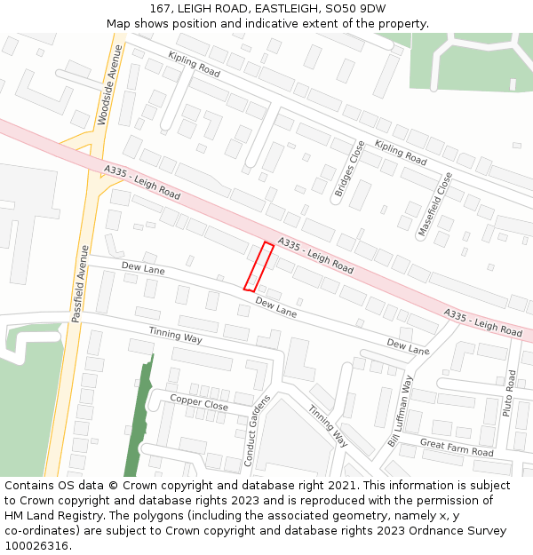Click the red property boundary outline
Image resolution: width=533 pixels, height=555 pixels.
tap(259, 266)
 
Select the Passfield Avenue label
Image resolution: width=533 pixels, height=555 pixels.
tap(80, 282)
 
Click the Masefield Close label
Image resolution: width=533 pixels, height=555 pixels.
tap(435, 204)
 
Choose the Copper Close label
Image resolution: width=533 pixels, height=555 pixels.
tap(199, 403)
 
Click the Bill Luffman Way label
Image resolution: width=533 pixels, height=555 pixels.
tap(400, 411)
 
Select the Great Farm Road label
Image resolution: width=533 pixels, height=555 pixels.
tap(457, 447)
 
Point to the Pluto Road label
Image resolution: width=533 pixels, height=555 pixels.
tap(510, 393)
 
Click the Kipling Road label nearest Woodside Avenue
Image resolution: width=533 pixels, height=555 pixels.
tap(194, 63)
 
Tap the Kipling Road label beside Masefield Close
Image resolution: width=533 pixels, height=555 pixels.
tap(400, 153)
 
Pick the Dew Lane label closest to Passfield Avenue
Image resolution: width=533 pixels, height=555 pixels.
tap(143, 267)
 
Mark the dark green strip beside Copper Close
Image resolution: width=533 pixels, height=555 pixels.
tap(137, 417)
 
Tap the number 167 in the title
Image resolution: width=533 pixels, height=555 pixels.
tap(160, 8)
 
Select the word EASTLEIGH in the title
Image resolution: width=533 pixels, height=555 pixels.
tap(283, 8)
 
